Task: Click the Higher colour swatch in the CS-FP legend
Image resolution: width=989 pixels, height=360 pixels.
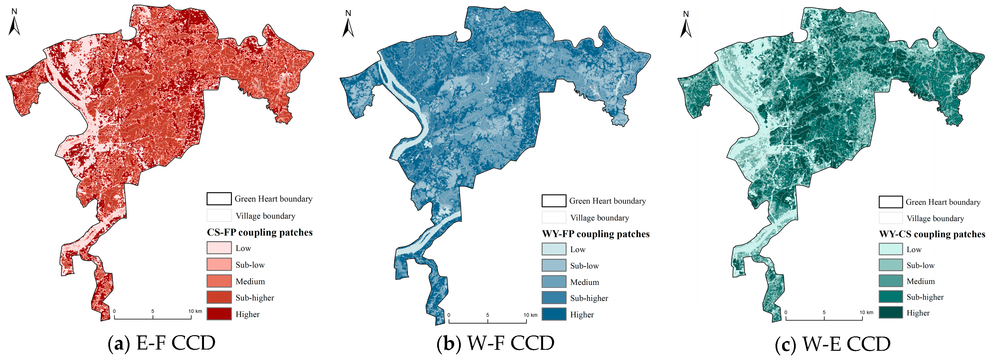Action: click(x=219, y=314)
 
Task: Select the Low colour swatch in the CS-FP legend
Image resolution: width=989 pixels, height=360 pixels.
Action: click(x=219, y=248)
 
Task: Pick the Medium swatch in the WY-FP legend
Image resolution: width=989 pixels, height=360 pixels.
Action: click(x=554, y=281)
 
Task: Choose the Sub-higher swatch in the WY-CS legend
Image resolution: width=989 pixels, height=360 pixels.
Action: click(x=890, y=297)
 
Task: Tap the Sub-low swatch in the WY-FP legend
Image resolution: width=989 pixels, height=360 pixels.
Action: click(x=554, y=265)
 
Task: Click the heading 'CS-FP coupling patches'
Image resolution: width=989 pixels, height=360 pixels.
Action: click(x=259, y=232)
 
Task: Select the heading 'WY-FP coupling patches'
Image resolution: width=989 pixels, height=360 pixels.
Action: click(x=595, y=234)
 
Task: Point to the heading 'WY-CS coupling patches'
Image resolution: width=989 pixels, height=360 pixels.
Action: click(x=932, y=234)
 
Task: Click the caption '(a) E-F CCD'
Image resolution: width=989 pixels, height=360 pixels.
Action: click(x=161, y=343)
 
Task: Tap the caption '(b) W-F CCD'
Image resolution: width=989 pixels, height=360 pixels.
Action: click(x=495, y=343)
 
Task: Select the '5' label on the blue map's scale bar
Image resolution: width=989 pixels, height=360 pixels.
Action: click(x=488, y=315)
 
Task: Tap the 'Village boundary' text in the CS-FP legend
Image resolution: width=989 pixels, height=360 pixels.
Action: click(x=265, y=216)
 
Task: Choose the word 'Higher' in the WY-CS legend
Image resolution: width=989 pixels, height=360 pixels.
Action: click(x=918, y=313)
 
